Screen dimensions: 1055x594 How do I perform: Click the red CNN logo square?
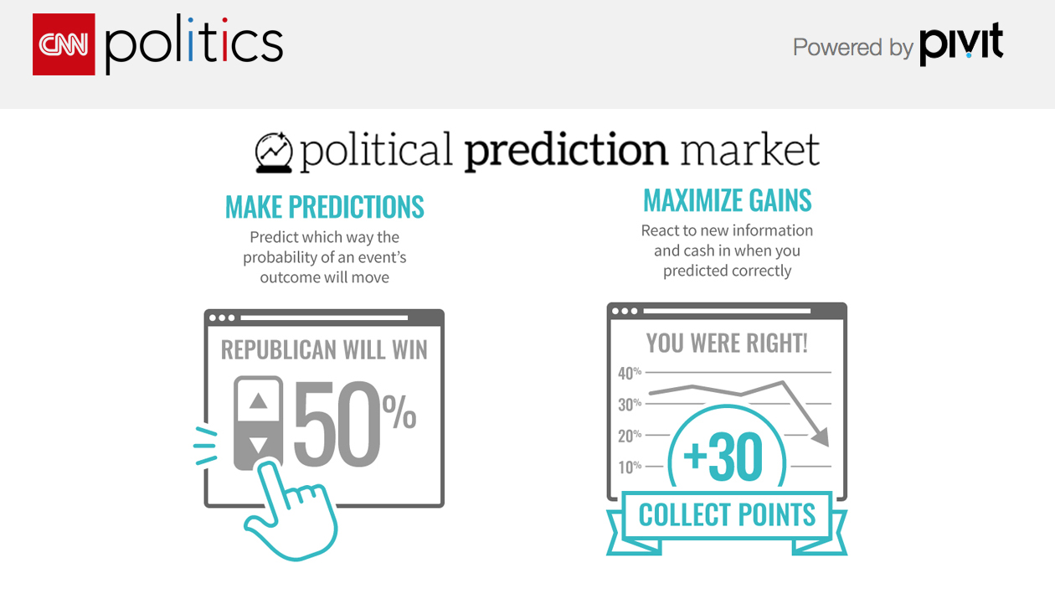pos(64,44)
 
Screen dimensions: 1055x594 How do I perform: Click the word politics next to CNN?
pos(194,44)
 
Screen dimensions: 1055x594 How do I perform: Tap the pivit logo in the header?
pos(961,44)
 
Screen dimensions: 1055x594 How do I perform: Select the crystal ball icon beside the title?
pos(274,152)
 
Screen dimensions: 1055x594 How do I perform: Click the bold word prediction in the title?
pos(566,150)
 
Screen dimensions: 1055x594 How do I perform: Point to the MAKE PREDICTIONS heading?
pos(325,207)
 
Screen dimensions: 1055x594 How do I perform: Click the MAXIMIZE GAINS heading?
pos(727,200)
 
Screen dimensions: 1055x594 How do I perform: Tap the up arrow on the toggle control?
pos(258,401)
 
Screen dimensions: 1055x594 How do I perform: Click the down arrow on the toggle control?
pos(258,445)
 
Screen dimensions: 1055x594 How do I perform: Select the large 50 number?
pos(337,423)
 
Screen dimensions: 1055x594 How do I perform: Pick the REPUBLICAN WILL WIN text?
pos(324,350)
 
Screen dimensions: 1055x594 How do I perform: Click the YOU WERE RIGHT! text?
pos(727,343)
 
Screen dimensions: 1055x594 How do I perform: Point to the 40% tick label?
pos(630,373)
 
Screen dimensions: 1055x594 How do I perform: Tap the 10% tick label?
pos(630,467)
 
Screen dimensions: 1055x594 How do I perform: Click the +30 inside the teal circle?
pos(723,457)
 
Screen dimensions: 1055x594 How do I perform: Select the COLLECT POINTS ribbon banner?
pos(727,522)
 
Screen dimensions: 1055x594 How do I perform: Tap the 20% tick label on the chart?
pos(630,436)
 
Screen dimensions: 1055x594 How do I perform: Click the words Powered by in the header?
pos(853,48)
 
